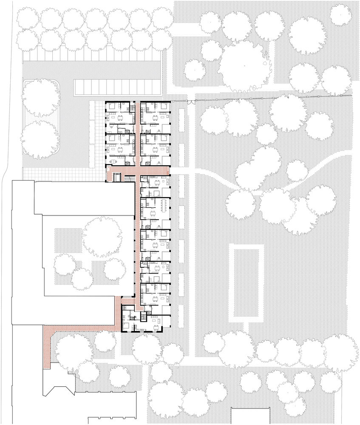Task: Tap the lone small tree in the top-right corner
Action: coord(339,14)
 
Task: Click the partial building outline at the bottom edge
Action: coord(251,416)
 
